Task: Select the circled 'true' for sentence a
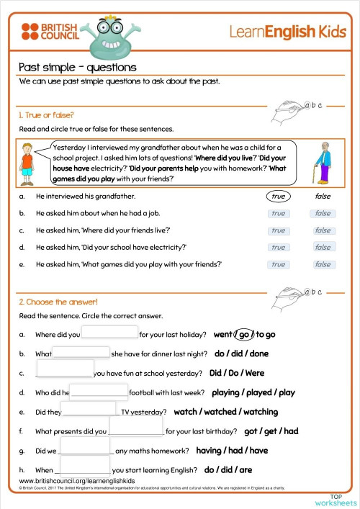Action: point(278,196)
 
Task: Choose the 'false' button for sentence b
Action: point(323,213)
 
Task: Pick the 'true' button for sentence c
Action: point(278,230)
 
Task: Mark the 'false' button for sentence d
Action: point(323,247)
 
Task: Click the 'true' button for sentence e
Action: point(278,264)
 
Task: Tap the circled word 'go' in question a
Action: point(244,335)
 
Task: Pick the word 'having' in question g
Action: point(209,451)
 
